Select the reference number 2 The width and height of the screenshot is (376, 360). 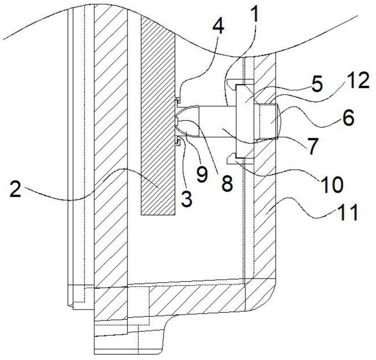[16, 189]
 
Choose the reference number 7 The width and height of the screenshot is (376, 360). [313, 147]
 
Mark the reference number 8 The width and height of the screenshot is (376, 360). [226, 183]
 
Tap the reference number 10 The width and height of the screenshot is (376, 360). [333, 185]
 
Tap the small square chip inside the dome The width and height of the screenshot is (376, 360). [177, 122]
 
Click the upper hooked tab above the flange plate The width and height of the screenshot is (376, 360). [240, 83]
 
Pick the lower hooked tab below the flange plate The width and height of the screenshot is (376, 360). [240, 159]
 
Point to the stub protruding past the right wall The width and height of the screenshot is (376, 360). [269, 121]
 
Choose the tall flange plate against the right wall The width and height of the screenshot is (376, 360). [245, 121]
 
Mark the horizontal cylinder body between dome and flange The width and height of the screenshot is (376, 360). [217, 121]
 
